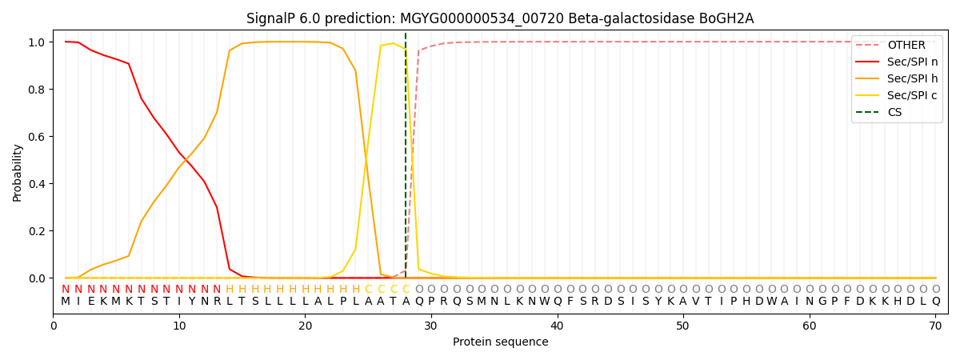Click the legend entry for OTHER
(897, 45)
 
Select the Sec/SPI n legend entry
(897, 62)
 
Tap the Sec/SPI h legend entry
(897, 78)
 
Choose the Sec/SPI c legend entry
(897, 95)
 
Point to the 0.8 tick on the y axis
(37, 90)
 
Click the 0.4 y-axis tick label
(37, 184)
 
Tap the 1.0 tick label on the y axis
(37, 42)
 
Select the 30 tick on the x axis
(430, 326)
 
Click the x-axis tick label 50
(682, 326)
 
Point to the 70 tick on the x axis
(935, 326)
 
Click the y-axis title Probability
(17, 173)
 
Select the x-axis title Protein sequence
(501, 342)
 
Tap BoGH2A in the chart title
(726, 19)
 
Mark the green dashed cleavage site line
(406, 155)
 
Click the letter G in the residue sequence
(822, 301)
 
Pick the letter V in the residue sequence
(695, 301)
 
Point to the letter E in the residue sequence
(91, 301)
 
